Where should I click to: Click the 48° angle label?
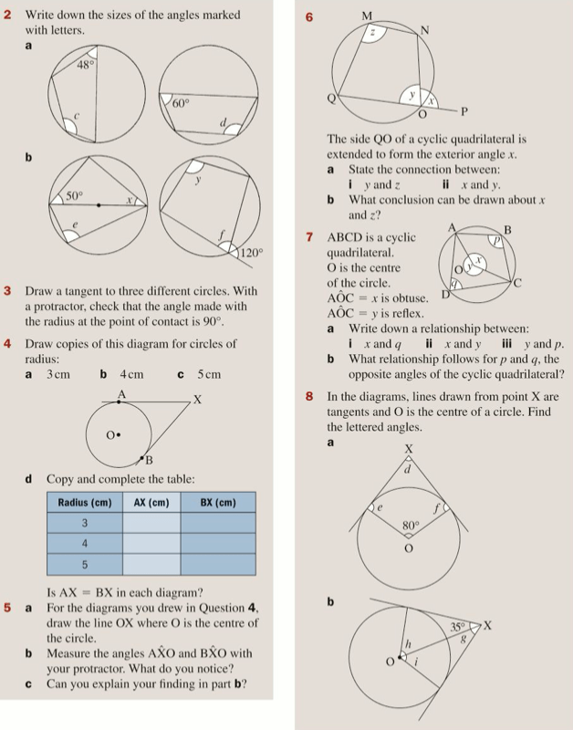(85, 66)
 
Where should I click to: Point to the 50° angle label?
(73, 196)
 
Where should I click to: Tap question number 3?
(7, 291)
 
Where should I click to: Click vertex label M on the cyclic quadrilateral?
(367, 16)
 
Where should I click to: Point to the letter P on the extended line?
(464, 112)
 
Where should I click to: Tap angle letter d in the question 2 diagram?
(224, 123)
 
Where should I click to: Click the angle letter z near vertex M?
(372, 33)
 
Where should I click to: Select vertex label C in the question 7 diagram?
(517, 283)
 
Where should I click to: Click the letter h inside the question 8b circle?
(409, 643)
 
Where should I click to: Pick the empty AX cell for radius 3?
(151, 523)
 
